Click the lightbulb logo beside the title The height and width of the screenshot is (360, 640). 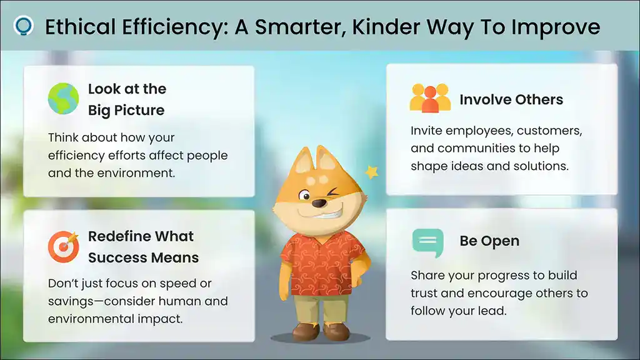click(x=23, y=26)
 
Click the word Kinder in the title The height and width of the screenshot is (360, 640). click(x=386, y=27)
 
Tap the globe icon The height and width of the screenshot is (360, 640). click(x=63, y=98)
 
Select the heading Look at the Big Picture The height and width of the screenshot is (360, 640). click(x=127, y=99)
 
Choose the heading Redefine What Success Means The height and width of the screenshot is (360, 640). click(x=143, y=247)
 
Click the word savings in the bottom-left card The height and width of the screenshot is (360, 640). click(x=71, y=302)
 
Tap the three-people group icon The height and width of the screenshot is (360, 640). click(x=430, y=98)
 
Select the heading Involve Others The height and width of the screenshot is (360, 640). click(x=511, y=99)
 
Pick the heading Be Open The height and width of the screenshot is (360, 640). click(x=489, y=241)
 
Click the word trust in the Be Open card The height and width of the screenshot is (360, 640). click(x=424, y=293)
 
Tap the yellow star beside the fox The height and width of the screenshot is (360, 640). click(x=371, y=172)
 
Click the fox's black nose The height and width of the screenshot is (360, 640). click(x=319, y=202)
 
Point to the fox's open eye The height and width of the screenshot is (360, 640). click(x=304, y=196)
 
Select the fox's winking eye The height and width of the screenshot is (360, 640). click(x=334, y=191)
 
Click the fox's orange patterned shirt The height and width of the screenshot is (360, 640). click(x=322, y=263)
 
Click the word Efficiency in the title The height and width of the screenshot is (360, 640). click(x=174, y=27)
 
